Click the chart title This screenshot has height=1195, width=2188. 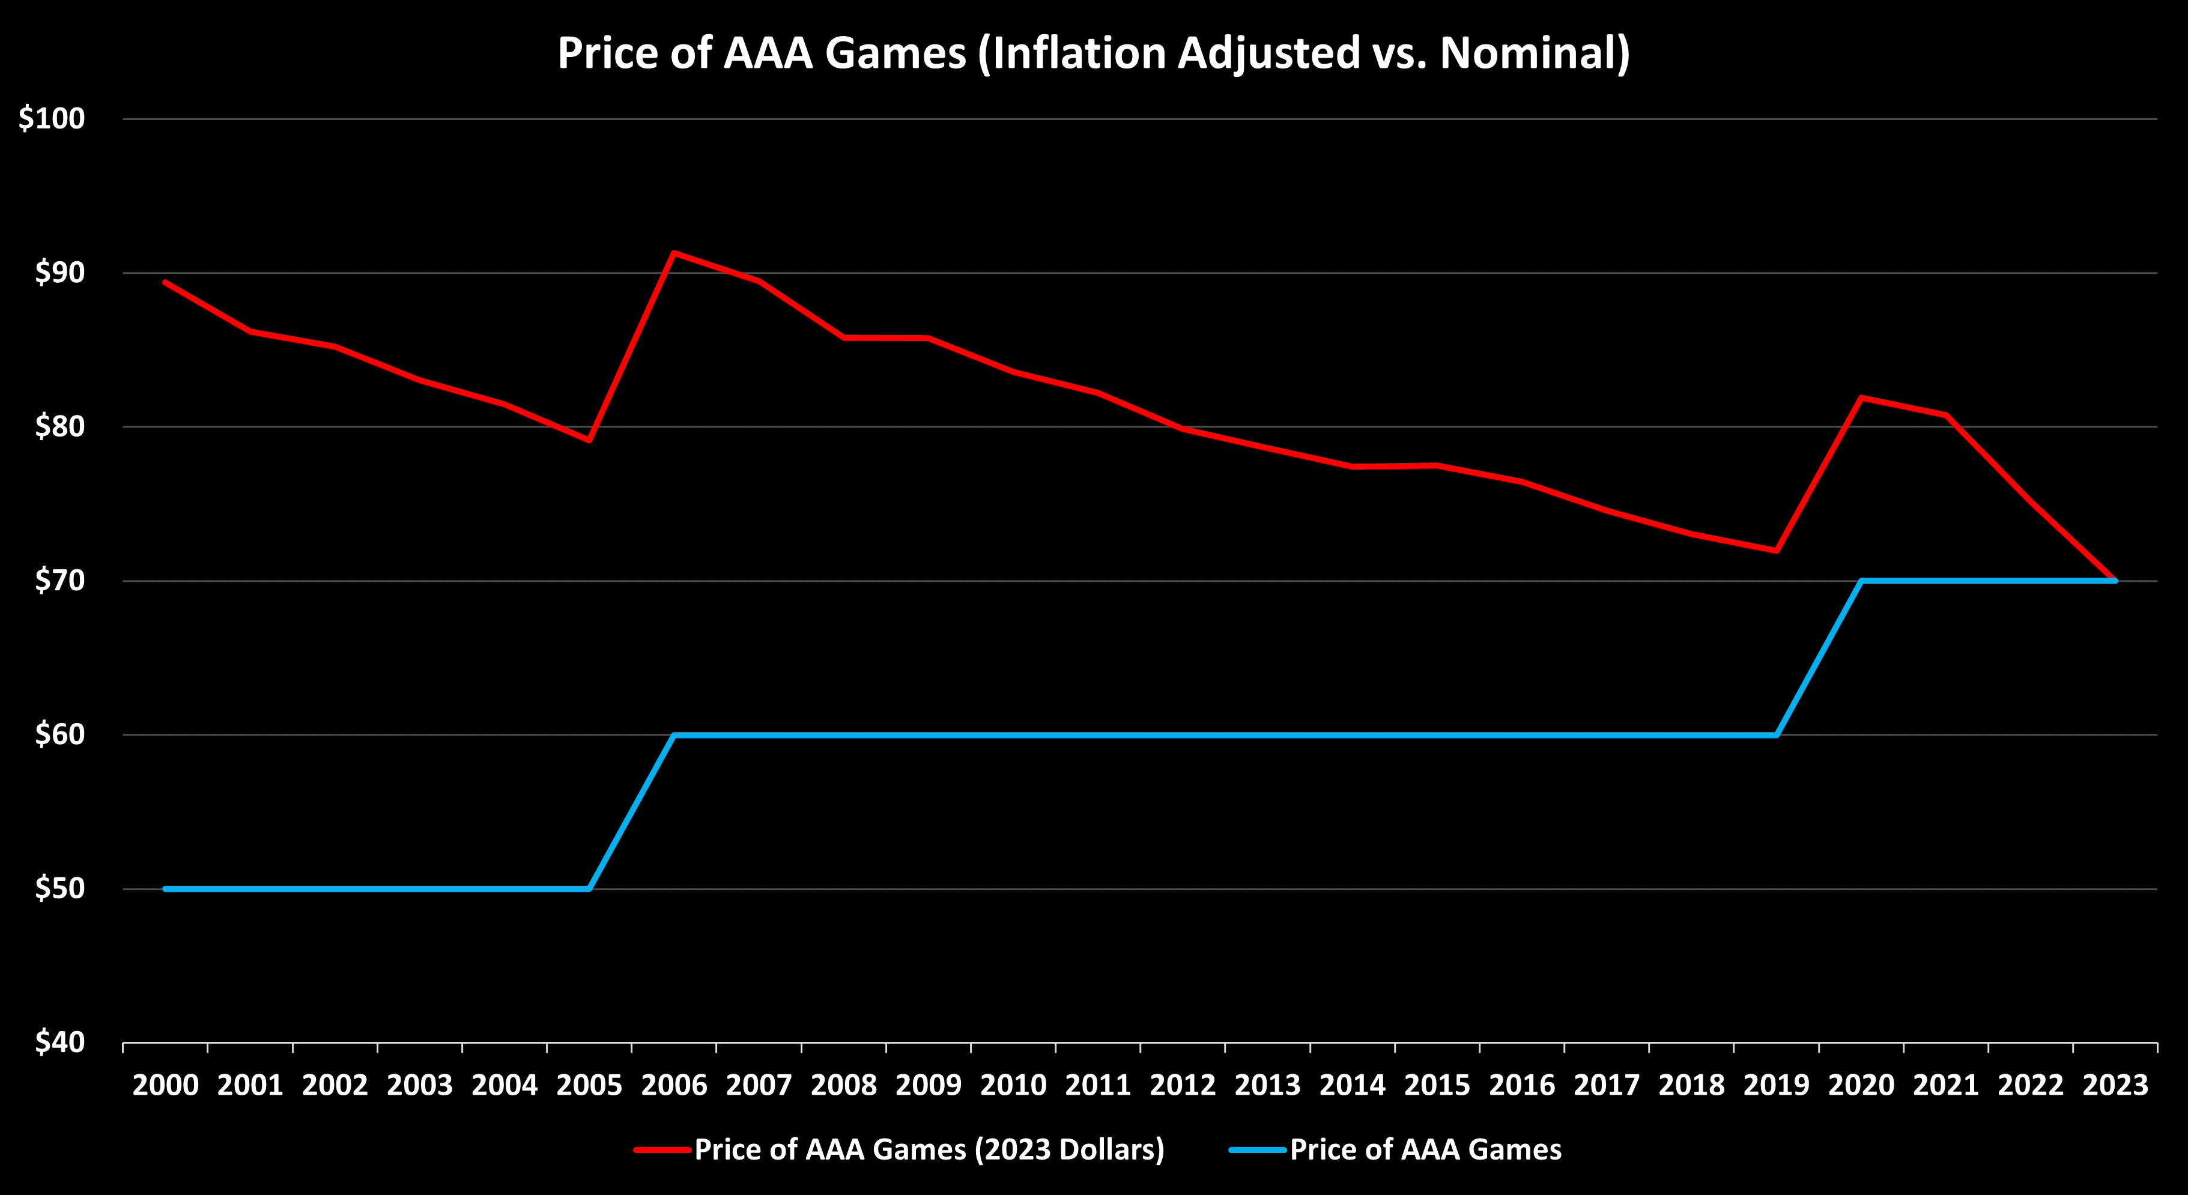(x=1093, y=53)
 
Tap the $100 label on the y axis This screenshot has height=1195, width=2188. (x=52, y=118)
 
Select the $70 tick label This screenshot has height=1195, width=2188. (x=59, y=580)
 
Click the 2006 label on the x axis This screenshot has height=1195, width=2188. (x=673, y=1086)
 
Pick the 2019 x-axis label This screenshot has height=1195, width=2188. (x=1776, y=1086)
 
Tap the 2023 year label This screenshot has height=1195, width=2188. (x=2115, y=1086)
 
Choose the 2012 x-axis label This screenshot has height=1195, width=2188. (x=1183, y=1086)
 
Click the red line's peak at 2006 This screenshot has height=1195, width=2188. (x=673, y=252)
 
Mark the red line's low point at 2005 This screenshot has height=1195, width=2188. (x=589, y=440)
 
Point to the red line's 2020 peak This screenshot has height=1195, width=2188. (x=1861, y=398)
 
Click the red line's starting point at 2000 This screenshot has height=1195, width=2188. (x=166, y=282)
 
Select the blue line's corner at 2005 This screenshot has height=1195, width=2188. (x=589, y=888)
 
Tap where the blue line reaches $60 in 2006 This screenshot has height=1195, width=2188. (x=673, y=734)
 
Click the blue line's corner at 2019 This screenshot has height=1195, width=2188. (x=1776, y=734)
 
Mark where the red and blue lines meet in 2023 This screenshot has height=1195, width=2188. (x=2115, y=581)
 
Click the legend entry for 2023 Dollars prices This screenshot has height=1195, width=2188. (x=929, y=1149)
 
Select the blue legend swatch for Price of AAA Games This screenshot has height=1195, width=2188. (x=1258, y=1150)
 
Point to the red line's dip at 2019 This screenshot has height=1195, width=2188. (x=1776, y=551)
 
